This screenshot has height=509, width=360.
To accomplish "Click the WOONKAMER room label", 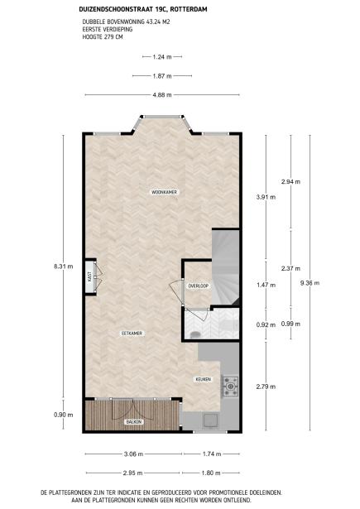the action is pos(164,192).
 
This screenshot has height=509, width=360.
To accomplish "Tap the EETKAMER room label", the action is pos(132,334).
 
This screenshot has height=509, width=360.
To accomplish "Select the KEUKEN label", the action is pos(204,379).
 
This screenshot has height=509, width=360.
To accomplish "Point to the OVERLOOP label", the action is pos(199,286).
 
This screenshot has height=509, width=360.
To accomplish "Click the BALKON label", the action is pos(134,422).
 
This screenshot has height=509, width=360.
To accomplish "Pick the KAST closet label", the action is pos(89,277).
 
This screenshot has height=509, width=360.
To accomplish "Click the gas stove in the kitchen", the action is pos(230,387).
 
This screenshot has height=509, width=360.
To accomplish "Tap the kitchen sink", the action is pos(211,420).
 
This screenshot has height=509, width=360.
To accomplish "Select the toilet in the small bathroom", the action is pos(195,334).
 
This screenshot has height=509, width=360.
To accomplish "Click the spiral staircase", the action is pos(226,267).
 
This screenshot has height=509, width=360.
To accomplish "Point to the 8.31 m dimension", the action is pos(63,267).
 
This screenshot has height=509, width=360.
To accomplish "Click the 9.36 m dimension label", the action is pos(310,283).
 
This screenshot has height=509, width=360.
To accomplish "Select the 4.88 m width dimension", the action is pos(162,95).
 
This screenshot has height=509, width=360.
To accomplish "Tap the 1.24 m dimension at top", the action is pos(162,57).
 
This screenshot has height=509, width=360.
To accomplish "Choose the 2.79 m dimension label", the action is pos(266,387).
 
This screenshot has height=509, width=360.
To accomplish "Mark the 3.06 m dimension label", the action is pos(133,454).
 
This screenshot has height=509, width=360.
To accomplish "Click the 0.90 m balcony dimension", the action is pos(63,415).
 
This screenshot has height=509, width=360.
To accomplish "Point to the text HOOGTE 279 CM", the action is pos(103,37).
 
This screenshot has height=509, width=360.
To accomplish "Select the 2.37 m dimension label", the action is pos(290,268).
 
